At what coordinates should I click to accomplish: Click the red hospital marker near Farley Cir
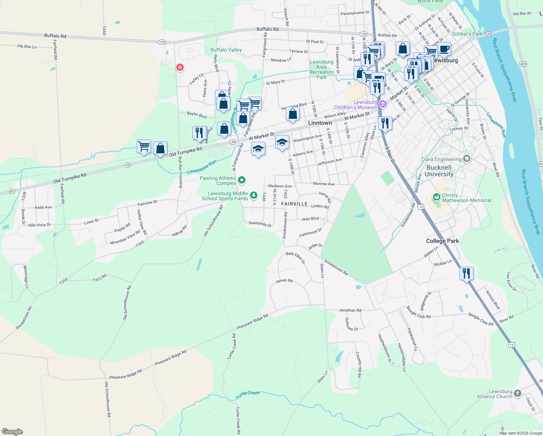coord(180,68)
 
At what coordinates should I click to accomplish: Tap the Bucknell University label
coord(439,171)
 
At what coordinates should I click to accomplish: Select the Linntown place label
coord(320,123)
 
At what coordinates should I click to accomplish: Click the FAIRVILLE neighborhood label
coord(294,204)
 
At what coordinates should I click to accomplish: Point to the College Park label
coord(442,241)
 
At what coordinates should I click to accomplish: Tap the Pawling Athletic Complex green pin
coord(242,180)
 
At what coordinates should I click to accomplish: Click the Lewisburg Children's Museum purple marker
coord(382,105)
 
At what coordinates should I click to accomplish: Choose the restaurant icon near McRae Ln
coord(466,273)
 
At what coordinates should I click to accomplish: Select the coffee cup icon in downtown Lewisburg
coord(444,49)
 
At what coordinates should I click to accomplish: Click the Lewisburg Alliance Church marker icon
coord(518,393)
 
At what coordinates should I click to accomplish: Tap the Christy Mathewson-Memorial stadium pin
coord(437,197)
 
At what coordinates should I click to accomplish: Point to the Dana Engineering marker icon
coord(467,159)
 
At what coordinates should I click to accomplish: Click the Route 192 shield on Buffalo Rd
coord(162,42)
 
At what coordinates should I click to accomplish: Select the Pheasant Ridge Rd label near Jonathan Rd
coord(252,322)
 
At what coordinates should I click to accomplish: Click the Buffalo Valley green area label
coord(226,50)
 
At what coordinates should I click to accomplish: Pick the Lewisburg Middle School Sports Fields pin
coord(254,195)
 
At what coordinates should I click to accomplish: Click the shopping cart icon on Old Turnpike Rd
coord(144,146)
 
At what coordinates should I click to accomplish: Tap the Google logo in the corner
coord(12,432)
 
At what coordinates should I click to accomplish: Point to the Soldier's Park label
coord(467,34)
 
